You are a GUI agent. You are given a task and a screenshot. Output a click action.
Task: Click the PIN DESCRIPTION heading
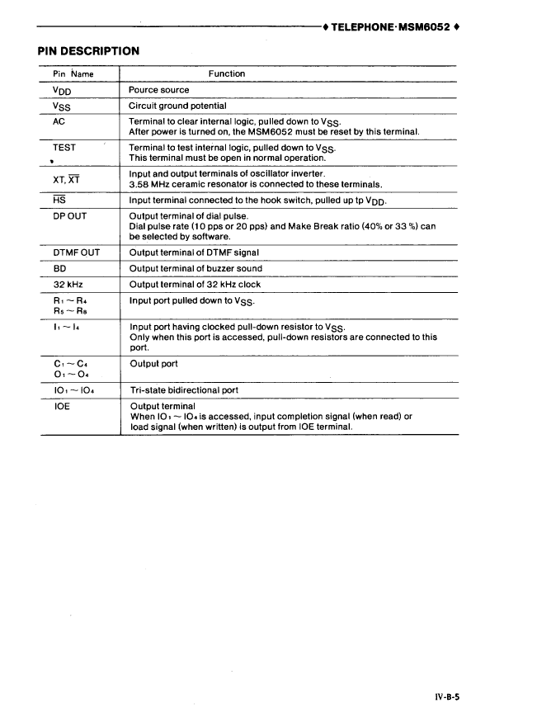(x=88, y=51)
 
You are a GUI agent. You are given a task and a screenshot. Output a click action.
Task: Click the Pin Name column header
(x=73, y=74)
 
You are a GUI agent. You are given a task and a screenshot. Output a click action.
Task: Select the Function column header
(x=227, y=74)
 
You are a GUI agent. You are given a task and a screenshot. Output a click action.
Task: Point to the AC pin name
(x=59, y=120)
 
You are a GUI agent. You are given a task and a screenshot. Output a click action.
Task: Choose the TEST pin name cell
(x=64, y=148)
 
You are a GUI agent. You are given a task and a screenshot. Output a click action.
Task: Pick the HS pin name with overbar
(x=59, y=201)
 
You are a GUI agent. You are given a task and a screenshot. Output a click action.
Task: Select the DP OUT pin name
(x=70, y=216)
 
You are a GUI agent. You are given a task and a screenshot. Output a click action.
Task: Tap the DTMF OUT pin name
(x=76, y=252)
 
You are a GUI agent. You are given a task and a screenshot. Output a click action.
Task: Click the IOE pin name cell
(x=61, y=406)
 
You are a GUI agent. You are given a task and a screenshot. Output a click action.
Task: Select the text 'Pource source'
(x=159, y=90)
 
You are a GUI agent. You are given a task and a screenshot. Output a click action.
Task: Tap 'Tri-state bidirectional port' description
(x=185, y=390)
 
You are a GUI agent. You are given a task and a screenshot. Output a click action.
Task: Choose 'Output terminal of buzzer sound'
(x=195, y=268)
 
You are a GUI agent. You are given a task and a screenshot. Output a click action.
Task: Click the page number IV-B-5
(x=446, y=697)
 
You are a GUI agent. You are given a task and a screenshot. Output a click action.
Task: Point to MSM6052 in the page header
(x=425, y=26)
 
